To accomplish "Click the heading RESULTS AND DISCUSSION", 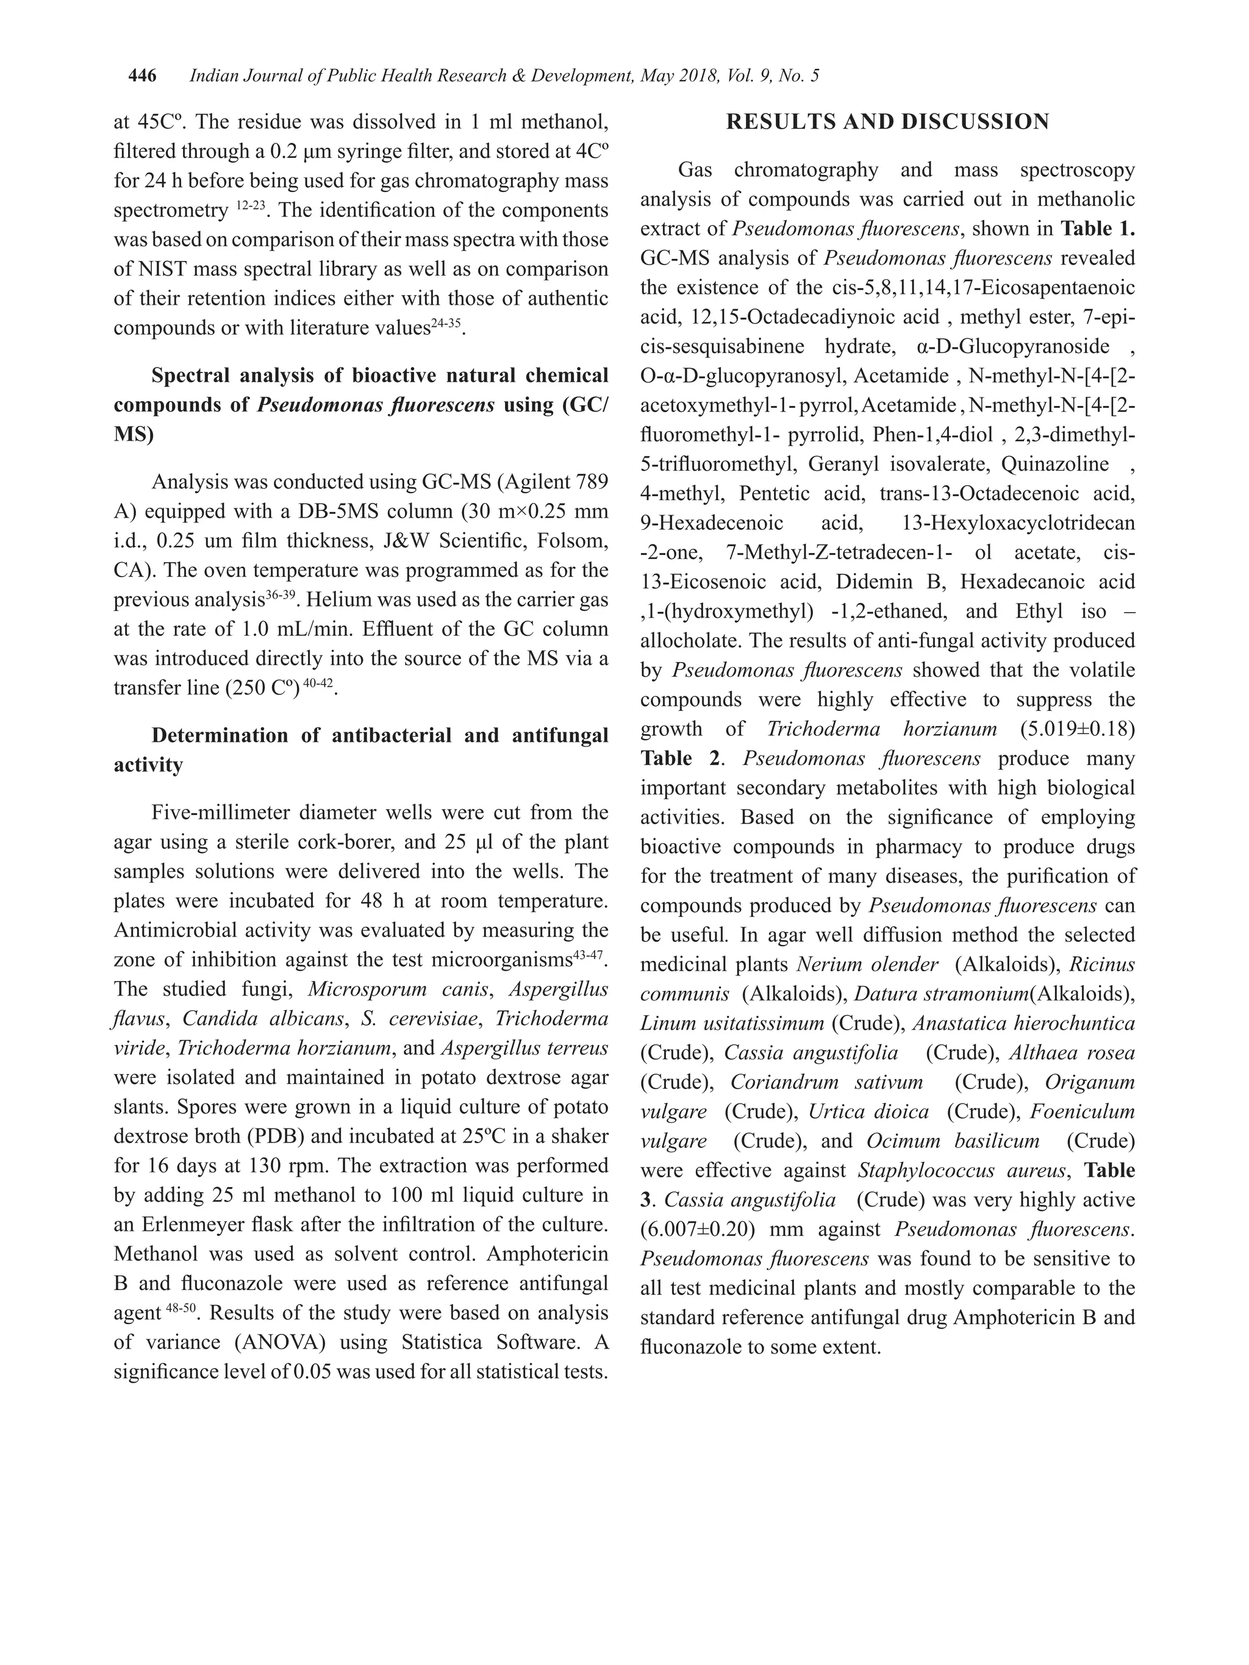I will tap(887, 122).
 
